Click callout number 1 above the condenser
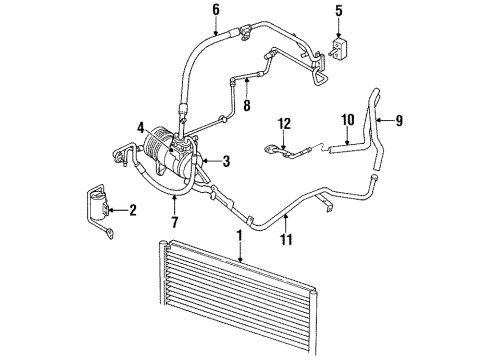coord(238,237)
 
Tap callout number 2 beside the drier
coord(132,209)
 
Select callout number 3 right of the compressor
coord(226,161)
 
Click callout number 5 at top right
coord(338,12)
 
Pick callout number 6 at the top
coord(215,11)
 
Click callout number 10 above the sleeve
coord(347,121)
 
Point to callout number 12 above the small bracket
coord(285,123)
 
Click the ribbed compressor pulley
coord(157,160)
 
